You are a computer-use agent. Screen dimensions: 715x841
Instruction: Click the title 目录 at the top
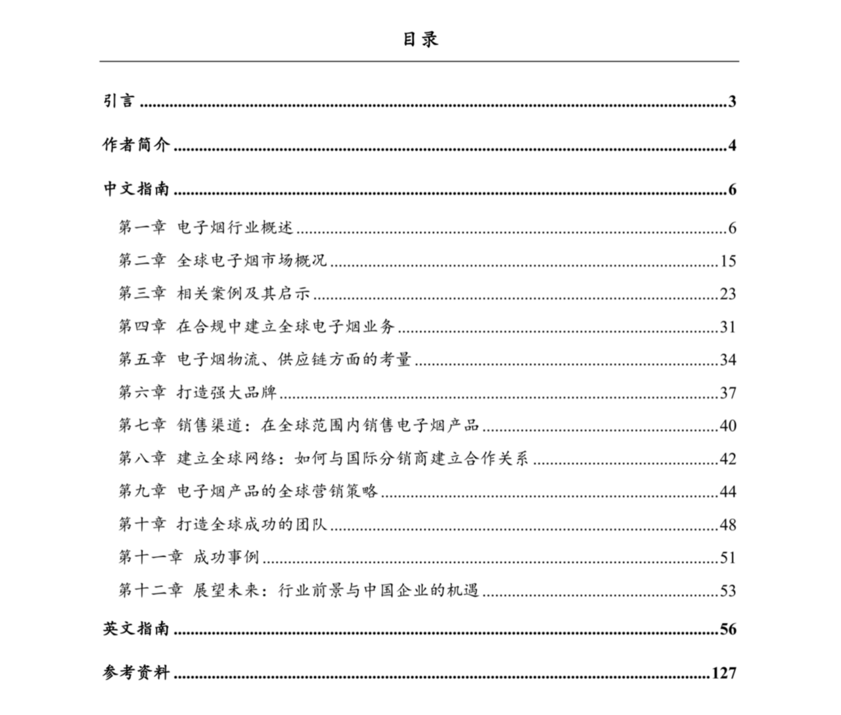coord(420,39)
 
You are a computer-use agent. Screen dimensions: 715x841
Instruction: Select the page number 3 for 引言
coord(732,102)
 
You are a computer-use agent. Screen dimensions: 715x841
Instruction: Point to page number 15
coord(727,261)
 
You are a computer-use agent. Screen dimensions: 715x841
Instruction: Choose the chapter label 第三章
coord(142,293)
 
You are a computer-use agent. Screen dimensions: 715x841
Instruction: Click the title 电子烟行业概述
coord(235,228)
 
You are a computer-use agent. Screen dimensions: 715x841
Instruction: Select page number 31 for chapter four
coord(727,327)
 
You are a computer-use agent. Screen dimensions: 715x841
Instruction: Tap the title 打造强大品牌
coord(227,393)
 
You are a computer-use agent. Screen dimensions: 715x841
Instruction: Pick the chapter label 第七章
coord(142,425)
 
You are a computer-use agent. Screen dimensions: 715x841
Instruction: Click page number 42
coord(727,458)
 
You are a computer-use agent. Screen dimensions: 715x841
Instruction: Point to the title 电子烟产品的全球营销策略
coord(278,491)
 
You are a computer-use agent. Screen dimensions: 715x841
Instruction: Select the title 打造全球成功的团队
coord(252,524)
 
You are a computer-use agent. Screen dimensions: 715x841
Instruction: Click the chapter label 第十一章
coord(150,557)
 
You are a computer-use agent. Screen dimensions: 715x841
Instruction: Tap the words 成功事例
coord(227,557)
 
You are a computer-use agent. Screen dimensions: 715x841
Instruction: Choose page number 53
coord(727,590)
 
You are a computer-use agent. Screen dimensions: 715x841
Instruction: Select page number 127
coord(723,673)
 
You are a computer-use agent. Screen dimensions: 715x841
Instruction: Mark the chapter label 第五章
coord(142,359)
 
